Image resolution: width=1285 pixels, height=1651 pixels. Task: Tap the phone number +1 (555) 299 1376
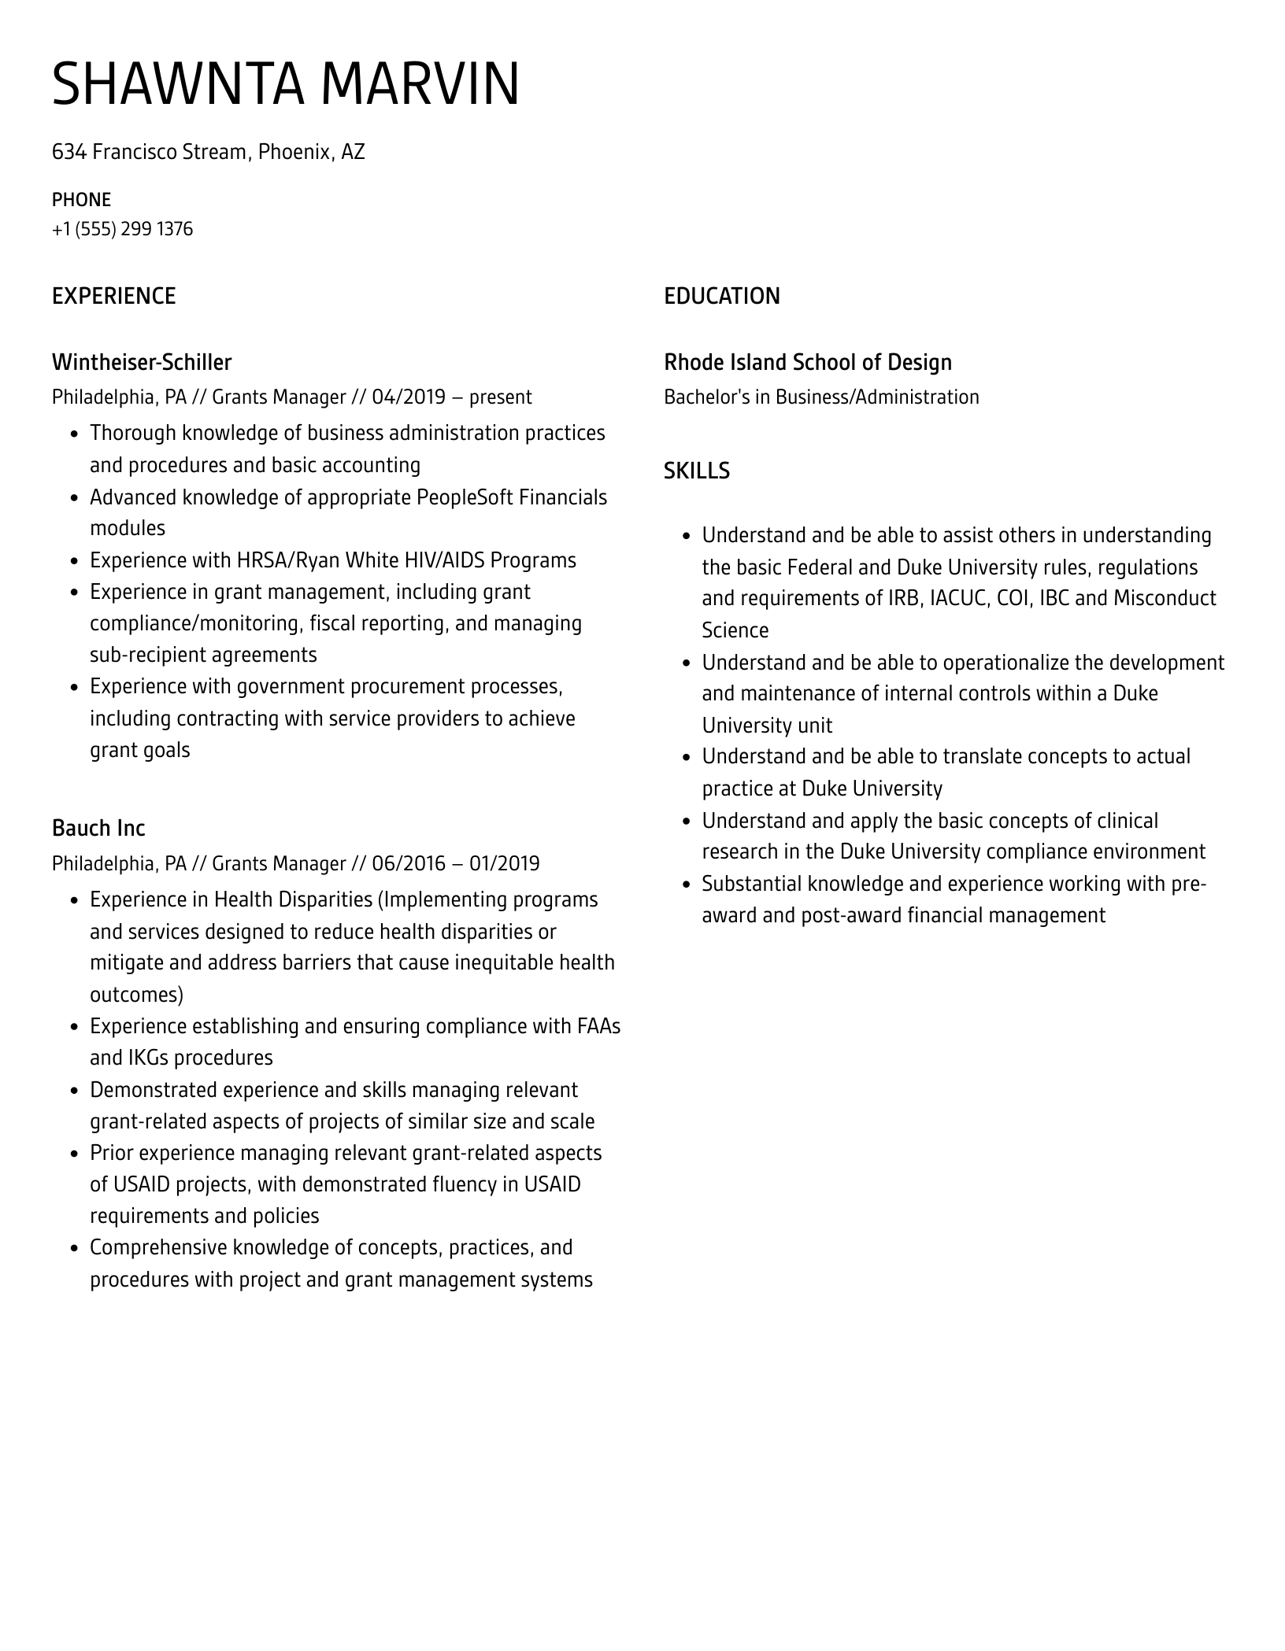pos(122,229)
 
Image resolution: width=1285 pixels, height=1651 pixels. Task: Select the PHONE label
pos(81,200)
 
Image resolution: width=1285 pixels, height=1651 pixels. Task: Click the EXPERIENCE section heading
pos(113,296)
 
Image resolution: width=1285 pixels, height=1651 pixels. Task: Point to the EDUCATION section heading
pos(721,296)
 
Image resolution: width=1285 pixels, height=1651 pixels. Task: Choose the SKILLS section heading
pos(696,471)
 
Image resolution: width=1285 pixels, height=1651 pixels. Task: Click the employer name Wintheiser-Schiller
pos(142,362)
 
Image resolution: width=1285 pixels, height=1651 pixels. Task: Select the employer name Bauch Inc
pos(98,828)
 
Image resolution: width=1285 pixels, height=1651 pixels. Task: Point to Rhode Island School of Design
pos(807,362)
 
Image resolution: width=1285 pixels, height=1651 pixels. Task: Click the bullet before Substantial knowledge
pos(685,885)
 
